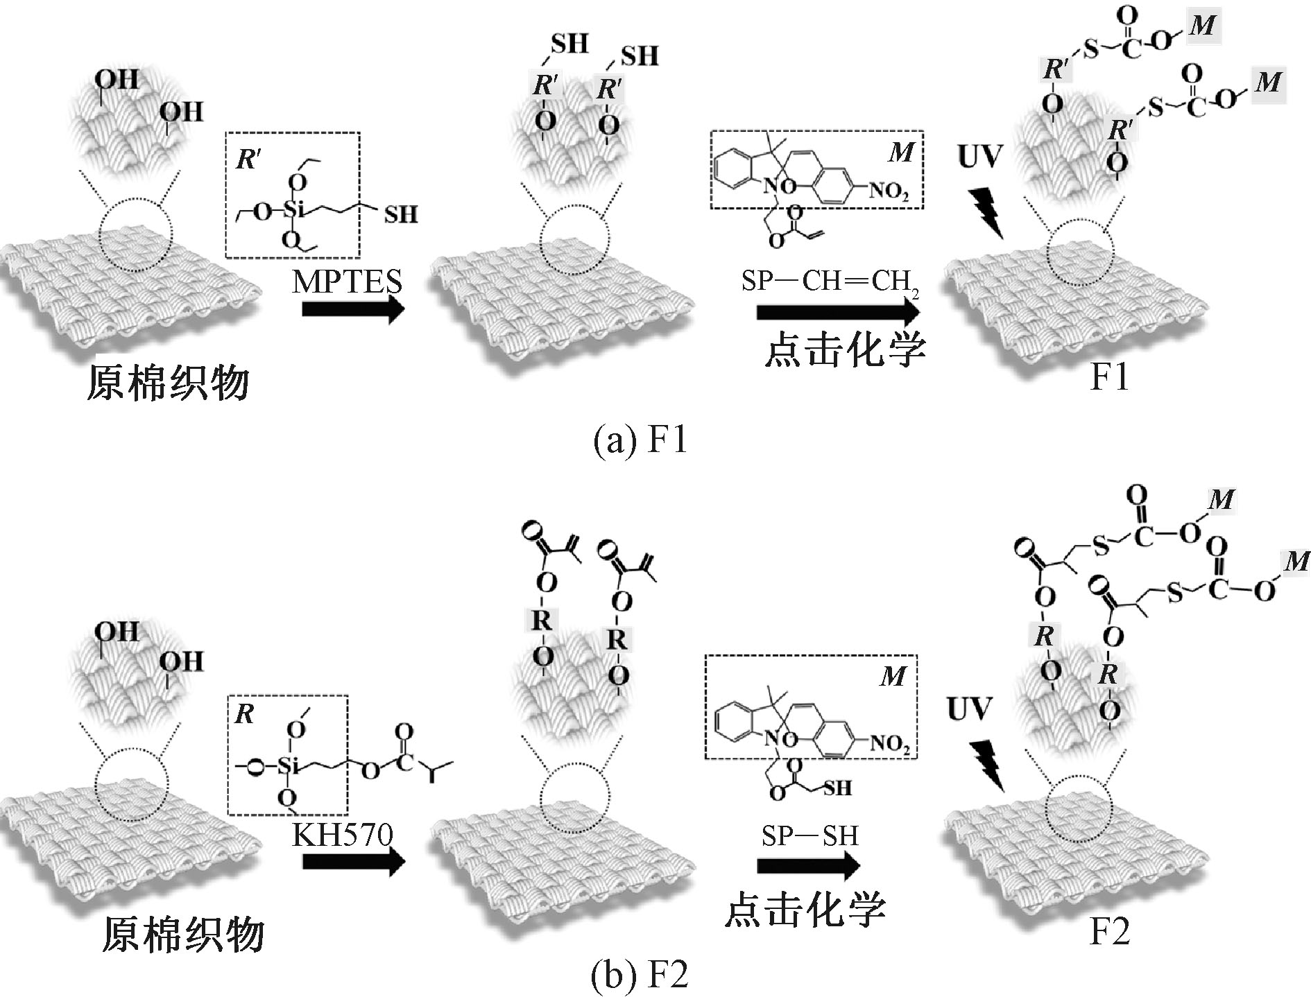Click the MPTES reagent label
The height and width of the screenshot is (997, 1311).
pos(347,281)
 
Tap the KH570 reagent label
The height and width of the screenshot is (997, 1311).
pos(343,834)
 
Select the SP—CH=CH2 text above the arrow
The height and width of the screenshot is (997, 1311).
pos(830,281)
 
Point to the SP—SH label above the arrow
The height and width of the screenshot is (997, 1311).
pos(809,835)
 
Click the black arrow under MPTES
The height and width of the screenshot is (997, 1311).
pos(353,309)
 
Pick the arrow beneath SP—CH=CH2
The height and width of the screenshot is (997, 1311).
pos(837,311)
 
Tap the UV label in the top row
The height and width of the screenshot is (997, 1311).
pos(979,157)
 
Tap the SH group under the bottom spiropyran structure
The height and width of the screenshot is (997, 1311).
pos(837,788)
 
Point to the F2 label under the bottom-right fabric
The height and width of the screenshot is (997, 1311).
pos(1109,931)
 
